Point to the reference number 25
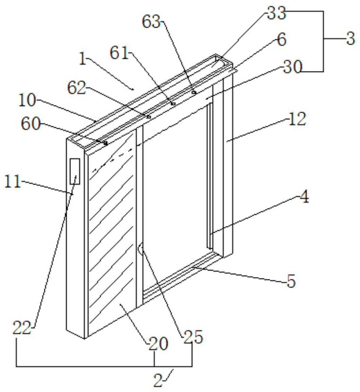193,337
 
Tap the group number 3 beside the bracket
350,39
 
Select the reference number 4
305,197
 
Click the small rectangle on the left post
75,171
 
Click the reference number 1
83,59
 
